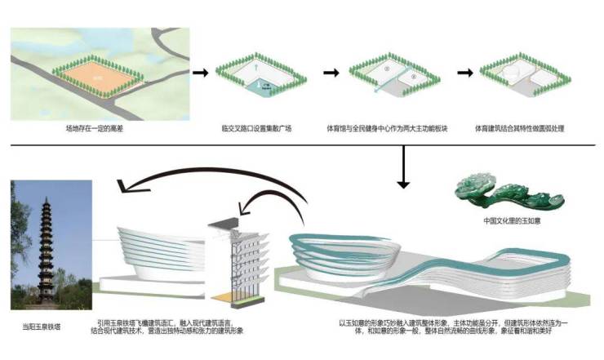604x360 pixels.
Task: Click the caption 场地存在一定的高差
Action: [95, 129]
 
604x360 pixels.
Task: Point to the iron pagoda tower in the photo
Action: [42, 245]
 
